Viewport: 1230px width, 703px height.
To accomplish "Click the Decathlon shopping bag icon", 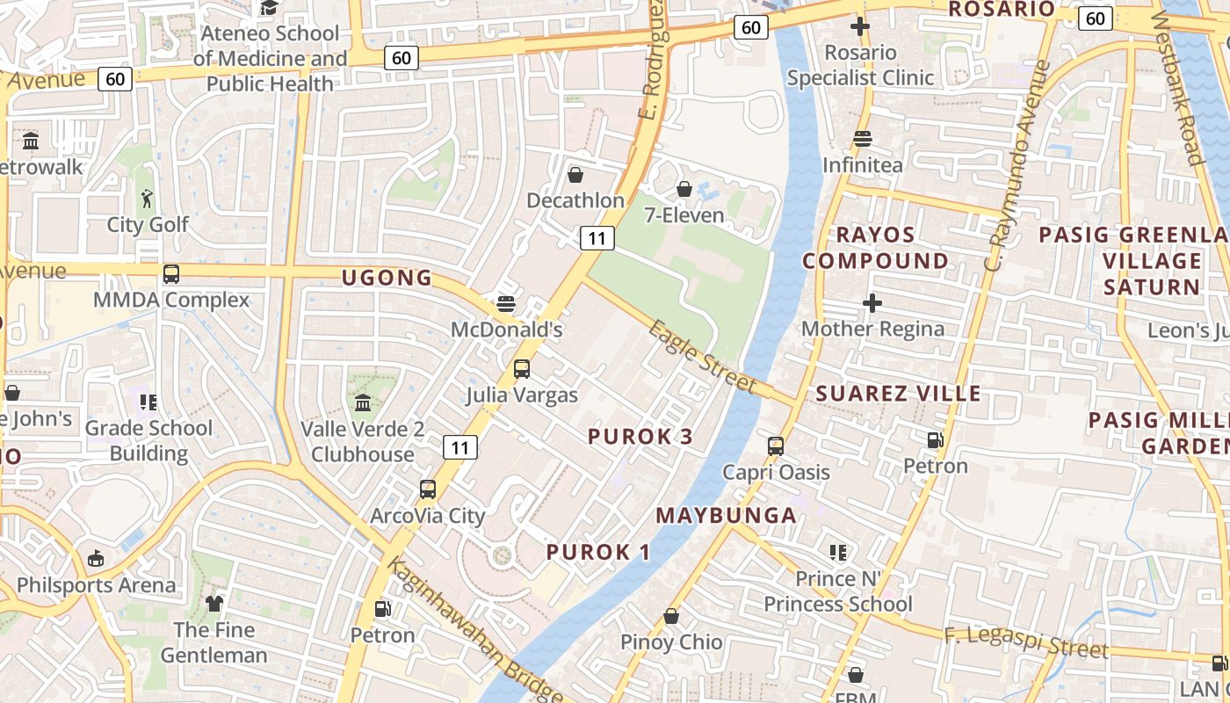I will point(575,175).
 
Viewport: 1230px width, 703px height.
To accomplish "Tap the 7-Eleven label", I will point(684,215).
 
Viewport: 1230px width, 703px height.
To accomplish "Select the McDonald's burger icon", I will point(505,304).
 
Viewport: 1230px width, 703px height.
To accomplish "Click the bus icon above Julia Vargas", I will point(522,369).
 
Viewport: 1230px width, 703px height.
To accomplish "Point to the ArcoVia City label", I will point(428,516).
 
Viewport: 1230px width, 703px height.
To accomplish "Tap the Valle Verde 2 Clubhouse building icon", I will point(362,403).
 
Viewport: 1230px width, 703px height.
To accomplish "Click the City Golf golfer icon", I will point(147,198).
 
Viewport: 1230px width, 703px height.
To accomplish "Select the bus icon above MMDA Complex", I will point(171,274).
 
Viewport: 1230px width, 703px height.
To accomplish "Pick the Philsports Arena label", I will point(96,585).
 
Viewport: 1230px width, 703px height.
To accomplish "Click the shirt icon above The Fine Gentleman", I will point(214,604).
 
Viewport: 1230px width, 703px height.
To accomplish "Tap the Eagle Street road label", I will point(703,357).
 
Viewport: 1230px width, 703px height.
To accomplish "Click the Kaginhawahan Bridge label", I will point(474,630).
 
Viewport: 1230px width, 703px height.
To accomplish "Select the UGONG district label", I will point(387,279).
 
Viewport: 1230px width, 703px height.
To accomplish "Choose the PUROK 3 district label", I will point(640,437).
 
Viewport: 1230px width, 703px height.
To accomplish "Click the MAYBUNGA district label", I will point(727,515).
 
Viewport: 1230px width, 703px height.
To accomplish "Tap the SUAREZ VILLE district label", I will point(898,393).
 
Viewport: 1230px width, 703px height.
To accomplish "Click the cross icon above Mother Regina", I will point(872,304).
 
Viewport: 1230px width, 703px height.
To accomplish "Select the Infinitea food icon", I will point(863,139).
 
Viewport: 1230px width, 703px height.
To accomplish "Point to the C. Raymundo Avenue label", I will point(1019,165).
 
